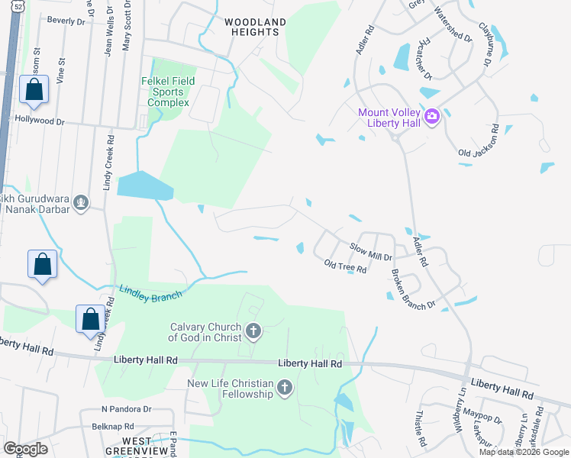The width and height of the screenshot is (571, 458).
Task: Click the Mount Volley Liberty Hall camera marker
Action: [x=432, y=116]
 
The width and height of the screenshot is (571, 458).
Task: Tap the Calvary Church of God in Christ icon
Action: [x=254, y=331]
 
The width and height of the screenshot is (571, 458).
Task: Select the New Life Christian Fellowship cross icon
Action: [x=284, y=388]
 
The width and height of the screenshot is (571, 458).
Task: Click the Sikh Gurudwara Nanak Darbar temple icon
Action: [x=82, y=202]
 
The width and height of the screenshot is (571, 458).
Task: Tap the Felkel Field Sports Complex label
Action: [x=168, y=92]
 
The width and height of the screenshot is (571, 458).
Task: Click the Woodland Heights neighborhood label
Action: [x=256, y=27]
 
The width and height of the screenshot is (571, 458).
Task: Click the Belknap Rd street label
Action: [x=113, y=427]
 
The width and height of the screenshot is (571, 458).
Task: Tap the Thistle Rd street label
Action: [x=420, y=429]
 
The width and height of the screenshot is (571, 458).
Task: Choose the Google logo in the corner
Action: [x=25, y=448]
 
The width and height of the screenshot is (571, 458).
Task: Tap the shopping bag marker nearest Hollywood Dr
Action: [x=34, y=91]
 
